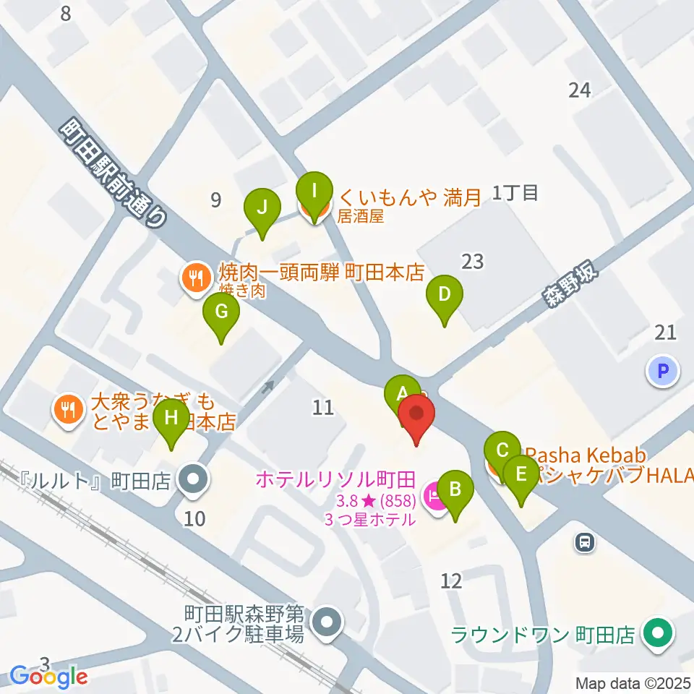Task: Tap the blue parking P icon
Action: (663, 372)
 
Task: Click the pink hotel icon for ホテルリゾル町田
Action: (435, 497)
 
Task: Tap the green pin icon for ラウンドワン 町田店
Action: (658, 634)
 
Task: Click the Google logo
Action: (49, 677)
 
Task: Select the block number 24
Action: (580, 90)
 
